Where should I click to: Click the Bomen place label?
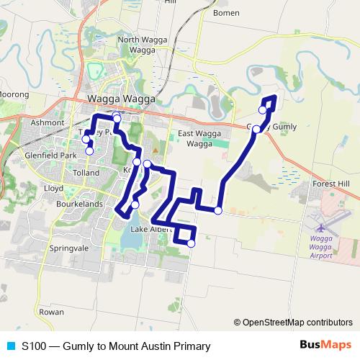coord(226,13)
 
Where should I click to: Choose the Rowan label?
coord(51,312)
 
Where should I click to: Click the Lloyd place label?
coord(54,187)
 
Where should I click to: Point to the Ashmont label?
coord(48,123)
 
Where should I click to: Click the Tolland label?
coord(86,174)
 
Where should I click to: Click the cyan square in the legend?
coord(9,346)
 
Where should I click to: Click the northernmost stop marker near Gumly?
coord(262,109)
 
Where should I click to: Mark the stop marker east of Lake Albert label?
coord(191,243)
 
